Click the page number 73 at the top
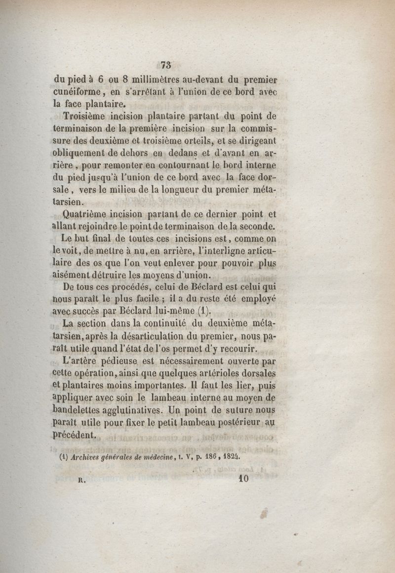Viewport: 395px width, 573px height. [x=165, y=64]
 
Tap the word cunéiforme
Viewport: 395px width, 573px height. [x=79, y=91]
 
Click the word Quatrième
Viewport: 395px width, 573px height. [x=87, y=214]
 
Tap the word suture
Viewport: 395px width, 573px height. [x=241, y=411]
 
